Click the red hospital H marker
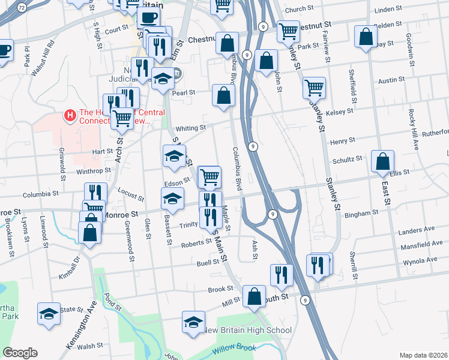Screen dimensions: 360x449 tap(71, 114)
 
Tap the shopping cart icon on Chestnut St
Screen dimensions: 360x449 tap(289, 30)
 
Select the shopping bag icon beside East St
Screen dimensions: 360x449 tap(382, 161)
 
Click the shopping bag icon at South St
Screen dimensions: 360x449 tap(255, 296)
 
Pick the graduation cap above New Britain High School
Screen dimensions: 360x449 tap(193, 323)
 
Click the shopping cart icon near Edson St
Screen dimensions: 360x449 tap(209, 176)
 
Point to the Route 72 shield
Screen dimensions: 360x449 tap(22, 8)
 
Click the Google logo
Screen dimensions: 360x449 tap(20, 352)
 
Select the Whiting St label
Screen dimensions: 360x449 tap(191, 128)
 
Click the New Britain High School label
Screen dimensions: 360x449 tap(248, 331)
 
